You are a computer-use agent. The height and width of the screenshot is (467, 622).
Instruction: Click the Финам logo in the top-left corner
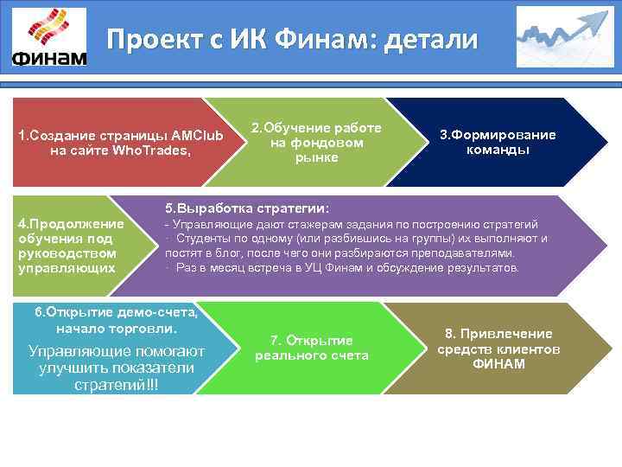pos(50,39)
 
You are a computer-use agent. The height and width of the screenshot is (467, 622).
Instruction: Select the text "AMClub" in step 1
pos(197,136)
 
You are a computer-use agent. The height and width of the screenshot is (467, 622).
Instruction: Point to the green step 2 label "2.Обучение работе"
pos(316,128)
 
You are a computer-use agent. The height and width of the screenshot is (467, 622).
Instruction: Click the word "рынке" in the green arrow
pos(316,157)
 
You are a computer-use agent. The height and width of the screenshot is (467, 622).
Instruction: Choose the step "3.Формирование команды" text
pos(498,142)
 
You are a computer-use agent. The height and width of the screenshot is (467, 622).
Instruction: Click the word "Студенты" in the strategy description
pos(207,238)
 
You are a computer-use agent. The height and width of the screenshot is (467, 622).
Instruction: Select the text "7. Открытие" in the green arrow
pos(311,340)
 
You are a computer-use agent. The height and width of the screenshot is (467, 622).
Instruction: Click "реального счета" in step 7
pos(311,355)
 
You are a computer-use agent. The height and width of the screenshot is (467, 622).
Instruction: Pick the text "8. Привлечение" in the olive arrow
pos(498,334)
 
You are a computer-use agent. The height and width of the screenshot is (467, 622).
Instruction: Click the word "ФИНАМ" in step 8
pos(498,363)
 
